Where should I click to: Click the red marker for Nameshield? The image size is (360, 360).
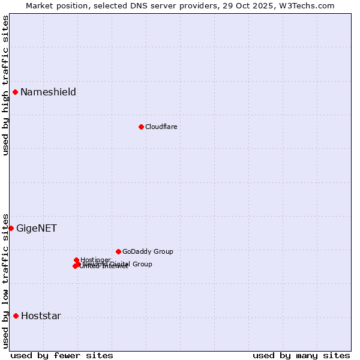click(x=15, y=92)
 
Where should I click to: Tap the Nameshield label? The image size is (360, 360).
click(x=48, y=92)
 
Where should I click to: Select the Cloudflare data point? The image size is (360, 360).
click(x=141, y=127)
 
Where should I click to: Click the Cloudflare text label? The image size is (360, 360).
click(x=161, y=127)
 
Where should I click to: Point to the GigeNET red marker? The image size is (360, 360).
click(x=11, y=228)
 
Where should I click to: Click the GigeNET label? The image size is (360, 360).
click(x=37, y=228)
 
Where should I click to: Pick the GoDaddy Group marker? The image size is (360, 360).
click(x=118, y=251)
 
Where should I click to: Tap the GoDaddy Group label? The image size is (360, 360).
click(x=148, y=251)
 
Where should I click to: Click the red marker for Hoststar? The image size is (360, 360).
click(x=16, y=316)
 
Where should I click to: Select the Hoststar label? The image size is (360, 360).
click(x=41, y=316)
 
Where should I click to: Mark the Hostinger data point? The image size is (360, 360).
click(x=76, y=260)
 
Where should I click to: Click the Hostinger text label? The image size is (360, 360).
click(x=96, y=260)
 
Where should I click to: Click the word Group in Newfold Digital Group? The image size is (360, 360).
click(x=142, y=264)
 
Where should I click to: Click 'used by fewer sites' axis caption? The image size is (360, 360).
click(x=62, y=355)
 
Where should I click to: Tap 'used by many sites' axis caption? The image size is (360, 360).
click(x=301, y=355)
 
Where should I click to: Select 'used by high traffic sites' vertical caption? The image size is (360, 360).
click(x=5, y=85)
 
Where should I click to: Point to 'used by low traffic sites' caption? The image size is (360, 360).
click(x=5, y=280)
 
